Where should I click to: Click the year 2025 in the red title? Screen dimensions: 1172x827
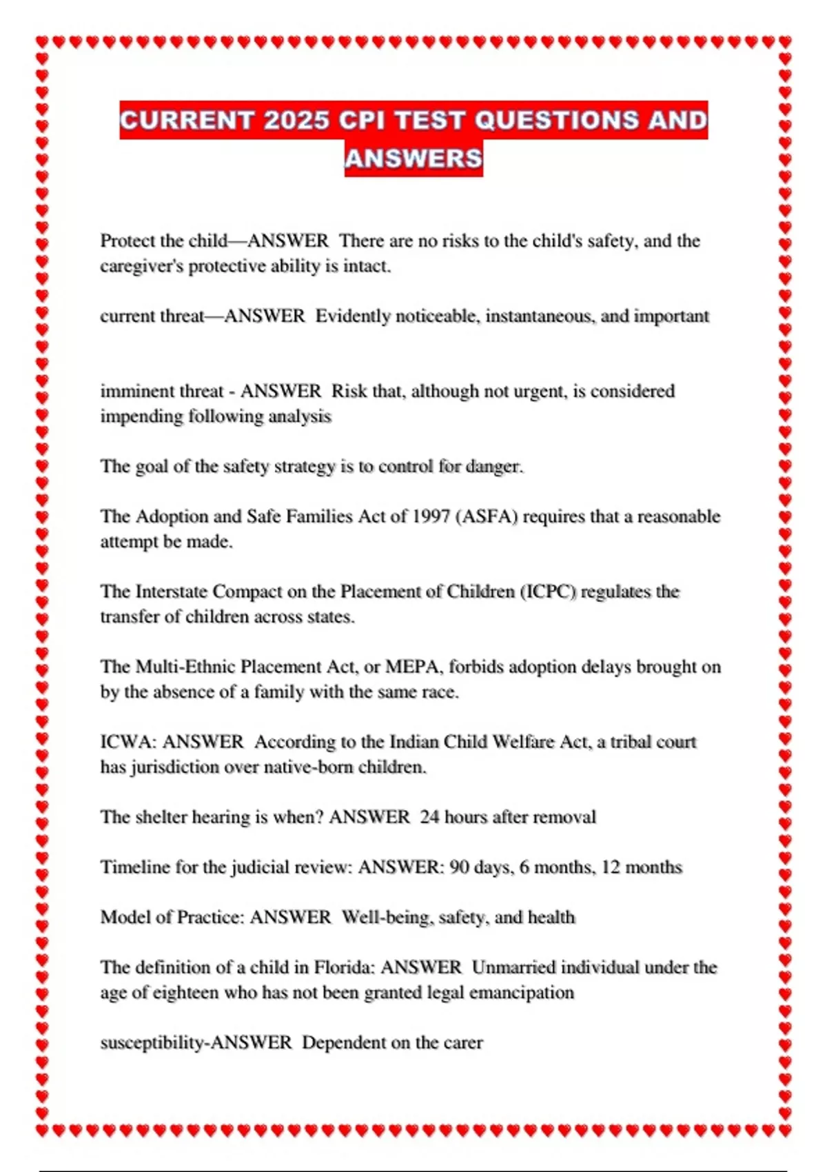pos(296,120)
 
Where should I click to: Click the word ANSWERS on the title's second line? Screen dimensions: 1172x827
pos(413,159)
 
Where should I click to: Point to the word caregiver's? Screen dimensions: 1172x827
pos(142,266)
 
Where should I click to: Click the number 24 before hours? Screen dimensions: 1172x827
pos(429,817)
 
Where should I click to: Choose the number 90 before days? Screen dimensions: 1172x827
pos(459,867)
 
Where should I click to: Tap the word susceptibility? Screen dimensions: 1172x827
pos(152,1042)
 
